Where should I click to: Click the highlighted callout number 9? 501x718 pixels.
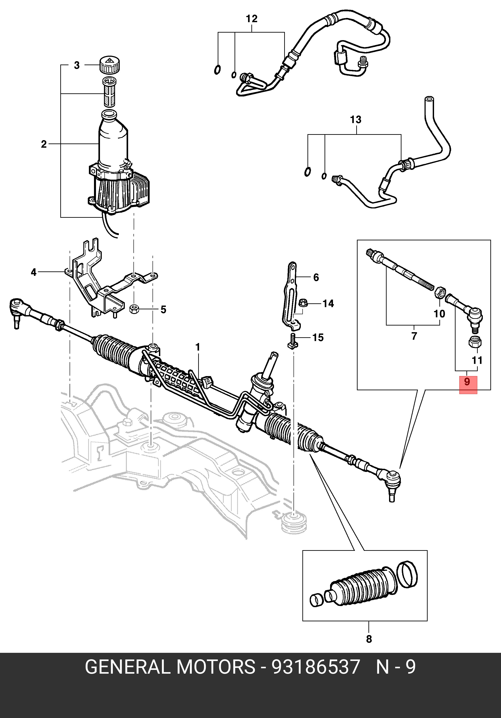tap(467, 382)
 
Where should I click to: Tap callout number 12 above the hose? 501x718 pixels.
tap(252, 19)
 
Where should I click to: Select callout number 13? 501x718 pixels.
tap(356, 120)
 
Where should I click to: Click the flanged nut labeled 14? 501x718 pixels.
tap(303, 303)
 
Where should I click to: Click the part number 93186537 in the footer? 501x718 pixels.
tap(316, 667)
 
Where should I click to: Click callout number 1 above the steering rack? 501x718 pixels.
tap(198, 347)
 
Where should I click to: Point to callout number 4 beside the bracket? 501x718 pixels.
tap(34, 272)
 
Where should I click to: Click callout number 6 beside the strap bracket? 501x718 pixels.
tap(316, 277)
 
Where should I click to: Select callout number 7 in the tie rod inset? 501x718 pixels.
tap(414, 336)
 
